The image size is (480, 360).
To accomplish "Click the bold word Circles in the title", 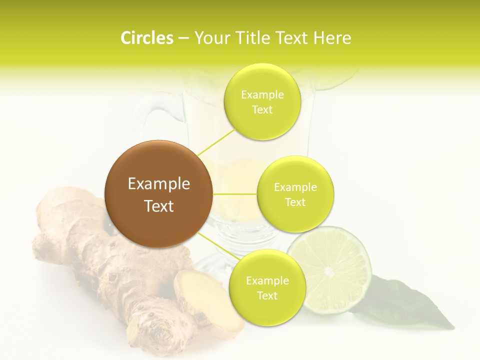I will [146, 38].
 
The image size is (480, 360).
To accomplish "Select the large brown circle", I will [158, 194].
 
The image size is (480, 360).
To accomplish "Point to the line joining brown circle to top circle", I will [216, 141].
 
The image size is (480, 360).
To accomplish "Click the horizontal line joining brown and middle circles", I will [234, 194].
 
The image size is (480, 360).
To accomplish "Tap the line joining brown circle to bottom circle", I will [218, 246].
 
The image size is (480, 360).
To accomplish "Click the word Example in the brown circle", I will [158, 184].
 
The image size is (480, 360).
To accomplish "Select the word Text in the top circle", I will [262, 110].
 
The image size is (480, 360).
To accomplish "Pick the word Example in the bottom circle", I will [267, 280].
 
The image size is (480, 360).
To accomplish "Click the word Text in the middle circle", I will [295, 202].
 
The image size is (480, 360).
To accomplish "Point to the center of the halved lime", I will [329, 271].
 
